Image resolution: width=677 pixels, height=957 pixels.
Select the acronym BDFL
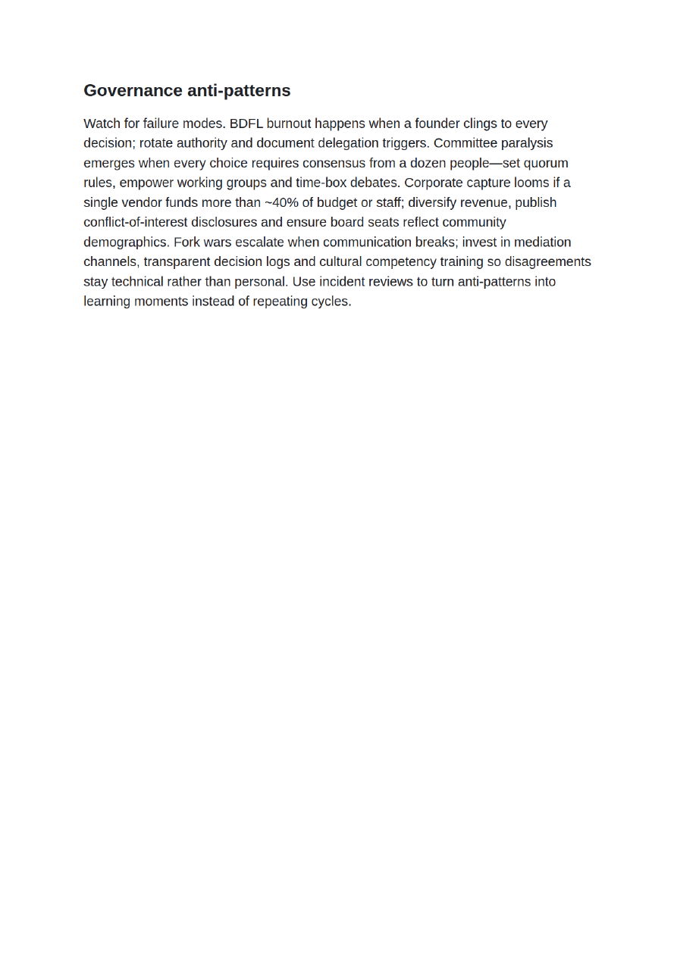point(246,124)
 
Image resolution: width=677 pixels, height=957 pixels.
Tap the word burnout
point(289,124)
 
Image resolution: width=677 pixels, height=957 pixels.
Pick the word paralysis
point(527,143)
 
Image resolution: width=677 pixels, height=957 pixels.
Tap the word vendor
point(143,202)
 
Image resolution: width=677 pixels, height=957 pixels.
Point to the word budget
point(337,202)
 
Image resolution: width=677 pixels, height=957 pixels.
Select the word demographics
point(126,242)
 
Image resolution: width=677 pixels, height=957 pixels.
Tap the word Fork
point(186,242)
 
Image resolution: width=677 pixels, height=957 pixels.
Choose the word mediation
point(543,242)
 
